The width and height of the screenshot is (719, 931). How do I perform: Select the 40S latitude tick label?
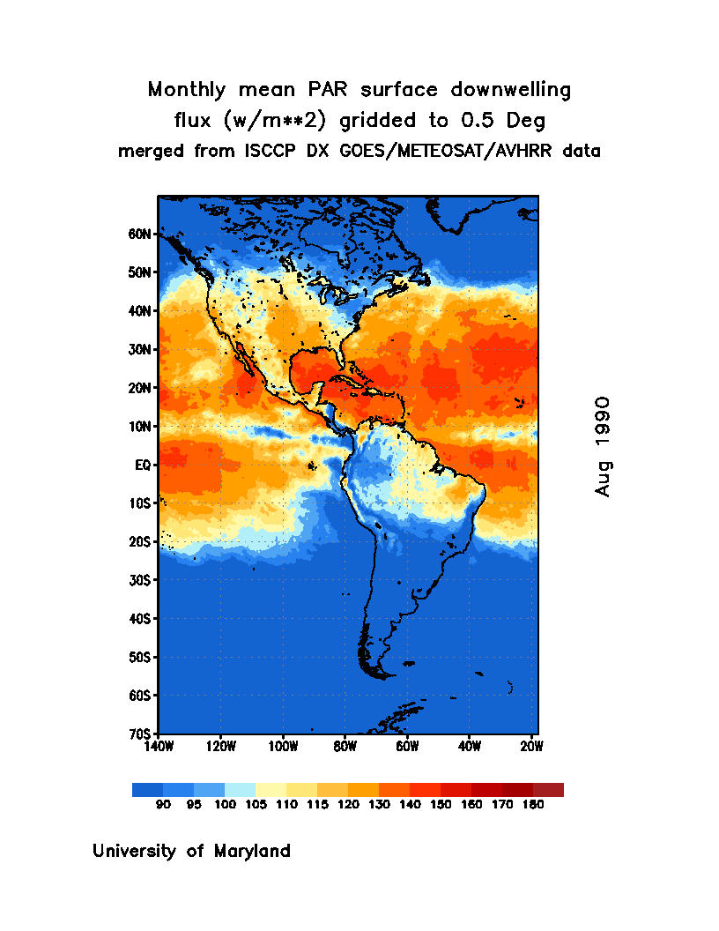pyautogui.click(x=141, y=619)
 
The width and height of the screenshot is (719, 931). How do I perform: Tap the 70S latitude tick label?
pyautogui.click(x=141, y=734)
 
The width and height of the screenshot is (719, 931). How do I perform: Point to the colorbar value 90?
pyautogui.click(x=163, y=805)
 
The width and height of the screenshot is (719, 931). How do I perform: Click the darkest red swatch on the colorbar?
pyautogui.click(x=548, y=790)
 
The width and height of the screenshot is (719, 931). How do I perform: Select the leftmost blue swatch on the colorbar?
pyautogui.click(x=147, y=790)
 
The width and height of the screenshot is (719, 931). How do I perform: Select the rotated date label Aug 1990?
pyautogui.click(x=603, y=446)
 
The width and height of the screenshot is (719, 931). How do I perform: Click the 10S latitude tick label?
pyautogui.click(x=141, y=503)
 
